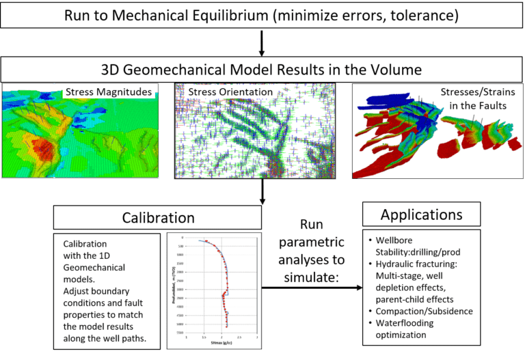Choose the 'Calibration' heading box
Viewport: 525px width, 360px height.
click(158, 218)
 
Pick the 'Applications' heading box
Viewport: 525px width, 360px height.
click(421, 214)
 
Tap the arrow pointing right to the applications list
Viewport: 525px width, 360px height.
click(314, 287)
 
